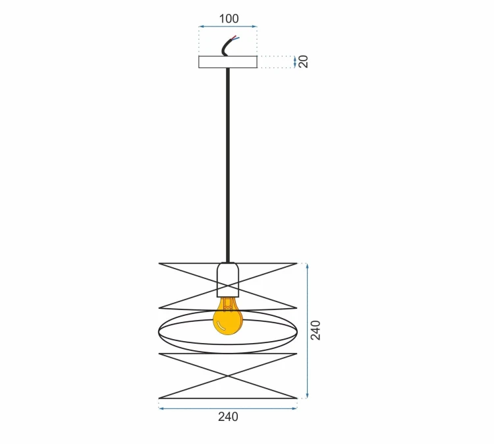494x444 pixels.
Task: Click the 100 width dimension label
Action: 229,18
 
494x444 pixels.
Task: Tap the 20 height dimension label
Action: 304,61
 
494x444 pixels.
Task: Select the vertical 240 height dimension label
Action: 316,330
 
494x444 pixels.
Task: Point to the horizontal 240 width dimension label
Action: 228,417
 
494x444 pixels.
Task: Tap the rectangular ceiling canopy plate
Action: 228,62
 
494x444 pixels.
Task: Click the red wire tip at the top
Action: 234,36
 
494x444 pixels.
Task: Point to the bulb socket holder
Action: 228,280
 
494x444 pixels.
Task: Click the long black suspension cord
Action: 228,165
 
